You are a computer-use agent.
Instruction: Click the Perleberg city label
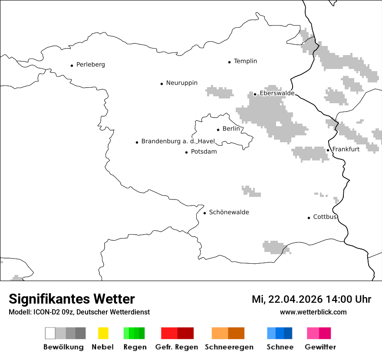point(90,65)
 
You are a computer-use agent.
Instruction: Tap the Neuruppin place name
point(181,83)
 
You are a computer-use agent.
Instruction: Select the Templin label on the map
point(245,61)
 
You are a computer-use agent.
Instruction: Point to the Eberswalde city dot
point(255,94)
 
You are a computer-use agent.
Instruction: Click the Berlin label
point(231,129)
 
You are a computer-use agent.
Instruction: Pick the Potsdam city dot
point(187,152)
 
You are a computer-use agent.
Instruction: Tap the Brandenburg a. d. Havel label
point(178,141)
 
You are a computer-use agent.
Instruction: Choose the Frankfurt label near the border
point(346,149)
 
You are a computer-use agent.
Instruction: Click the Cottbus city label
point(325,217)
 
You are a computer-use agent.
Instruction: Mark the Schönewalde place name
point(229,212)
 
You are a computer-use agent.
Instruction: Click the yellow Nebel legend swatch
point(103,333)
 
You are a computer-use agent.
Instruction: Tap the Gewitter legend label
point(320,347)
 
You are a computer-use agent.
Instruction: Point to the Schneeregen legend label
point(229,347)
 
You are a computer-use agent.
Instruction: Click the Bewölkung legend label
point(63,347)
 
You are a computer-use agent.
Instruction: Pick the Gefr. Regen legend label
point(176,347)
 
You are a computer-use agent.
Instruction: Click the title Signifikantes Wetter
point(72,299)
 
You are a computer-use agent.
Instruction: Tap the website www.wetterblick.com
point(313,312)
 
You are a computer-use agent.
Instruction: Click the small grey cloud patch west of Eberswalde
point(220,92)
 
